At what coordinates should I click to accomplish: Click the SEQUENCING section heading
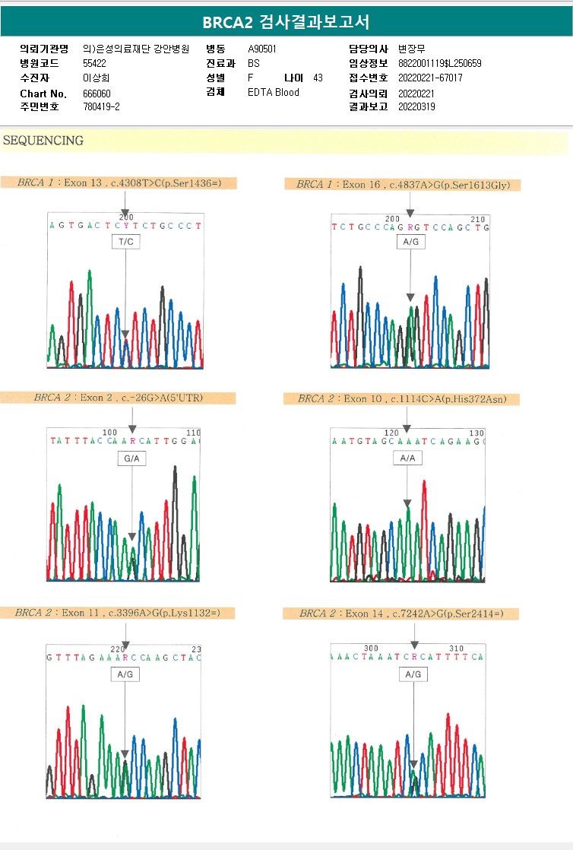click(x=43, y=141)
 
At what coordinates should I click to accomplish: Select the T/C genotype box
click(x=125, y=242)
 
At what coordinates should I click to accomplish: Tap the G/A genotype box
click(x=132, y=458)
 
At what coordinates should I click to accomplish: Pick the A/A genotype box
click(x=407, y=458)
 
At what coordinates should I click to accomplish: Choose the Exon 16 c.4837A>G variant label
click(x=402, y=185)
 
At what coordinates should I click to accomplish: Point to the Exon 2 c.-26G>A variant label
click(x=118, y=398)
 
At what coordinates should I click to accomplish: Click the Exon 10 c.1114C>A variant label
click(x=402, y=398)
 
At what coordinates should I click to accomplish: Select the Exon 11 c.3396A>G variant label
click(x=117, y=613)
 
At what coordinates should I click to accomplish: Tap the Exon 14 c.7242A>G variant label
click(x=400, y=614)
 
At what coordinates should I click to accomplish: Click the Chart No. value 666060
click(x=97, y=94)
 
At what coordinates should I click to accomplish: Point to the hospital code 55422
click(x=94, y=63)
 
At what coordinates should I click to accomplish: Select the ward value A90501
click(x=262, y=49)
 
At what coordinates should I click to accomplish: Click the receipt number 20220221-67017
click(x=430, y=78)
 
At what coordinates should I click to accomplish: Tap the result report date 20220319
click(x=416, y=107)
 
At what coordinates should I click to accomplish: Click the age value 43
click(x=318, y=78)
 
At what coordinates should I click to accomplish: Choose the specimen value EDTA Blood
click(x=274, y=93)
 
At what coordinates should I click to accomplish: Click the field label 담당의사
click(x=369, y=49)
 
